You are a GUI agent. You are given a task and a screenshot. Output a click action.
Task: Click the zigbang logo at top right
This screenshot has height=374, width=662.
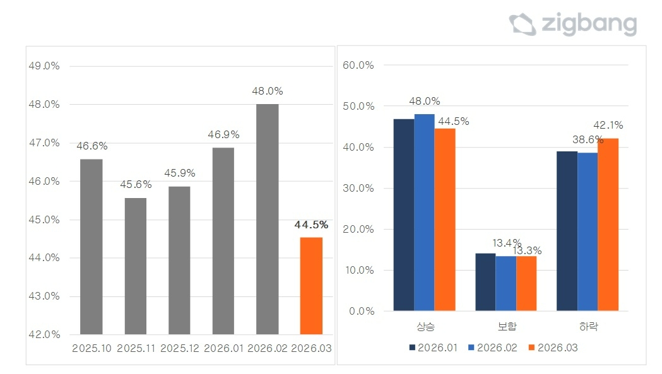(572, 25)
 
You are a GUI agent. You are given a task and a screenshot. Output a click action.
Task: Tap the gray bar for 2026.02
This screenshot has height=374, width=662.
(267, 219)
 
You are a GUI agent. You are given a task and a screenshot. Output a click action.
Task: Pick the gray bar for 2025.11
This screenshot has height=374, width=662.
(136, 266)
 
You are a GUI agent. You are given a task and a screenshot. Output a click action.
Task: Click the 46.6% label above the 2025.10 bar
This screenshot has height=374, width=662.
(92, 146)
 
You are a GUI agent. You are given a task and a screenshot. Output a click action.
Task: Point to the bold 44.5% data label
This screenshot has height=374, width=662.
(311, 225)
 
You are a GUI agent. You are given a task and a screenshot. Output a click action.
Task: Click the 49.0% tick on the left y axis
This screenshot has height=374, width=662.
(44, 66)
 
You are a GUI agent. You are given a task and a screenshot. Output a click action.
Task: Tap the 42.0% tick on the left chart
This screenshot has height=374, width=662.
(44, 334)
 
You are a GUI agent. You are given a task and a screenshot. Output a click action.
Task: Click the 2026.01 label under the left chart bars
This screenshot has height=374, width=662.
(223, 348)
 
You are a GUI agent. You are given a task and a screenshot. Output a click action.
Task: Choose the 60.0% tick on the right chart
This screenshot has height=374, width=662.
(358, 65)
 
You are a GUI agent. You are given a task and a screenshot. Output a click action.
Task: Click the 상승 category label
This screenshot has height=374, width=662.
(425, 327)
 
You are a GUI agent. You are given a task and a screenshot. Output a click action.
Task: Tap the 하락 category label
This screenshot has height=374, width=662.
(588, 327)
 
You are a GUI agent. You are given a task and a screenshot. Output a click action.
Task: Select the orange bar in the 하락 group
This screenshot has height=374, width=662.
(608, 225)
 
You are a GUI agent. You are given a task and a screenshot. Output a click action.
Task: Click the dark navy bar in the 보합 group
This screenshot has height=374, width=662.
(485, 282)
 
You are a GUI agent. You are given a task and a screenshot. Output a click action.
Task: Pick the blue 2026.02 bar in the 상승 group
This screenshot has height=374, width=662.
(425, 213)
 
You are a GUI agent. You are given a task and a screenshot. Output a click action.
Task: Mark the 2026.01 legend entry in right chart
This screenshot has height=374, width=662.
(434, 348)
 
